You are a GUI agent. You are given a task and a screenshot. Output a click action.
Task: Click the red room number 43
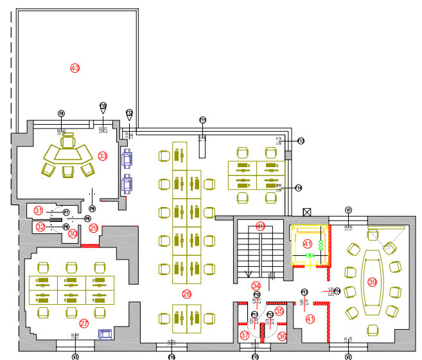(75, 67)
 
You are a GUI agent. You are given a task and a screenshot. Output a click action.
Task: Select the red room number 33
(103, 156)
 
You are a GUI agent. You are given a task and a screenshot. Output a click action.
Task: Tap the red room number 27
(84, 323)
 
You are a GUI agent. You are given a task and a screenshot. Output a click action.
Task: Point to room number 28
(187, 294)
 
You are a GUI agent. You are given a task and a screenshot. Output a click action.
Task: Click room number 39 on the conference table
(372, 282)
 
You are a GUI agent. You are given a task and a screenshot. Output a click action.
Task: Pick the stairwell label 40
(260, 226)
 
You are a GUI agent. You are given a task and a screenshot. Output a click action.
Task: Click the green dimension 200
(321, 244)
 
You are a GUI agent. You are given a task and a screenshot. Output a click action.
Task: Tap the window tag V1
(349, 210)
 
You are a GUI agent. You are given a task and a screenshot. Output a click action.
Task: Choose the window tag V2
(349, 356)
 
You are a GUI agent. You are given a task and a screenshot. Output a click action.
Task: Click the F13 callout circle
(300, 141)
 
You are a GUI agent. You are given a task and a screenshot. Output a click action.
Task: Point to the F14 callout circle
(299, 188)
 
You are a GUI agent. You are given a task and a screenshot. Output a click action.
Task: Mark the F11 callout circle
(202, 120)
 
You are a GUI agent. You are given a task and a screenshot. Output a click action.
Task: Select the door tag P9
(92, 209)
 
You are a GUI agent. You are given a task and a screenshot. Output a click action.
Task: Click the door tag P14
(337, 291)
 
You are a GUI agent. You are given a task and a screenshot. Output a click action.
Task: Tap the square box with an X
(307, 212)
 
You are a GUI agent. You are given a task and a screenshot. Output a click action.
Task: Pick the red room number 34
(256, 285)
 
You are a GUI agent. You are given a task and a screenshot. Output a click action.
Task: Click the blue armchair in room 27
(105, 333)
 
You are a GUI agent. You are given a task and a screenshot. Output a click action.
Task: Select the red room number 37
(244, 336)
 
